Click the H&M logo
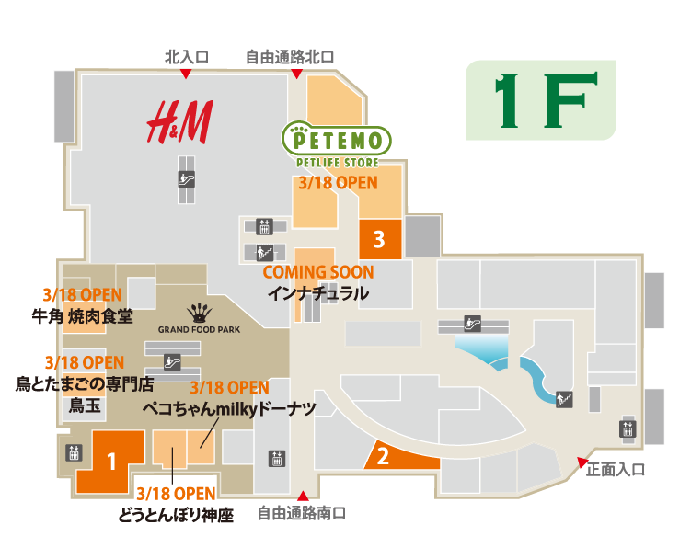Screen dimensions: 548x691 tap(181, 120)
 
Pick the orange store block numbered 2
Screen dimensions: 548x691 tap(386, 454)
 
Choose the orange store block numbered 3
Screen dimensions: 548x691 tap(378, 241)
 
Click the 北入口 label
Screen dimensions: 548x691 tap(187, 57)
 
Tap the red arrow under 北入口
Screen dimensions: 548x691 tap(186, 74)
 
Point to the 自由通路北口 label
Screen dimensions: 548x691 tap(289, 57)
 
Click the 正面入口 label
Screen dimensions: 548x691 tap(616, 470)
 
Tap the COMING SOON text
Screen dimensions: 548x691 tap(318, 272)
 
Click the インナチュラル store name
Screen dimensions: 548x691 tap(317, 294)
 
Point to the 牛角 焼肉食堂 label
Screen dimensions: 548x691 tap(82, 316)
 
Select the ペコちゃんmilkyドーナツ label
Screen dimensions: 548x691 tap(229, 408)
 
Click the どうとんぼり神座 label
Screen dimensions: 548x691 tap(176, 516)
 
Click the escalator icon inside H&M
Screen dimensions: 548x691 tap(188, 180)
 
